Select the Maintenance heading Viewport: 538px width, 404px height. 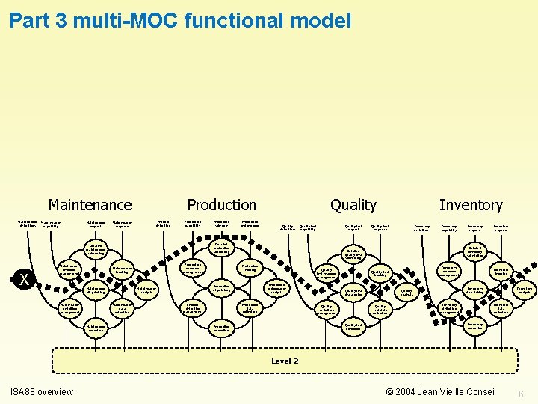pyautogui.click(x=90, y=205)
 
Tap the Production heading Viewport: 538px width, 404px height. pyautogui.click(x=221, y=205)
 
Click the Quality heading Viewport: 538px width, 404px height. pyautogui.click(x=353, y=205)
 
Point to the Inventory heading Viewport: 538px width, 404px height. pyautogui.click(x=471, y=205)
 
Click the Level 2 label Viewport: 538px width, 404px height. pyautogui.click(x=284, y=361)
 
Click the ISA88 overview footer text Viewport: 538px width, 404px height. pyautogui.click(x=41, y=392)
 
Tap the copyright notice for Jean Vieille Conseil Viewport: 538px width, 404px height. pyautogui.click(x=440, y=392)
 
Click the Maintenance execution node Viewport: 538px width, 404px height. pyautogui.click(x=96, y=328)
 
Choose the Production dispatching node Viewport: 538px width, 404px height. pyautogui.click(x=221, y=287)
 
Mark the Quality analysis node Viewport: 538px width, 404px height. pyautogui.click(x=406, y=293)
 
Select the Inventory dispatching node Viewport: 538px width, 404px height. pyautogui.click(x=474, y=290)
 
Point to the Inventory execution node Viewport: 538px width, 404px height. pyautogui.click(x=474, y=327)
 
